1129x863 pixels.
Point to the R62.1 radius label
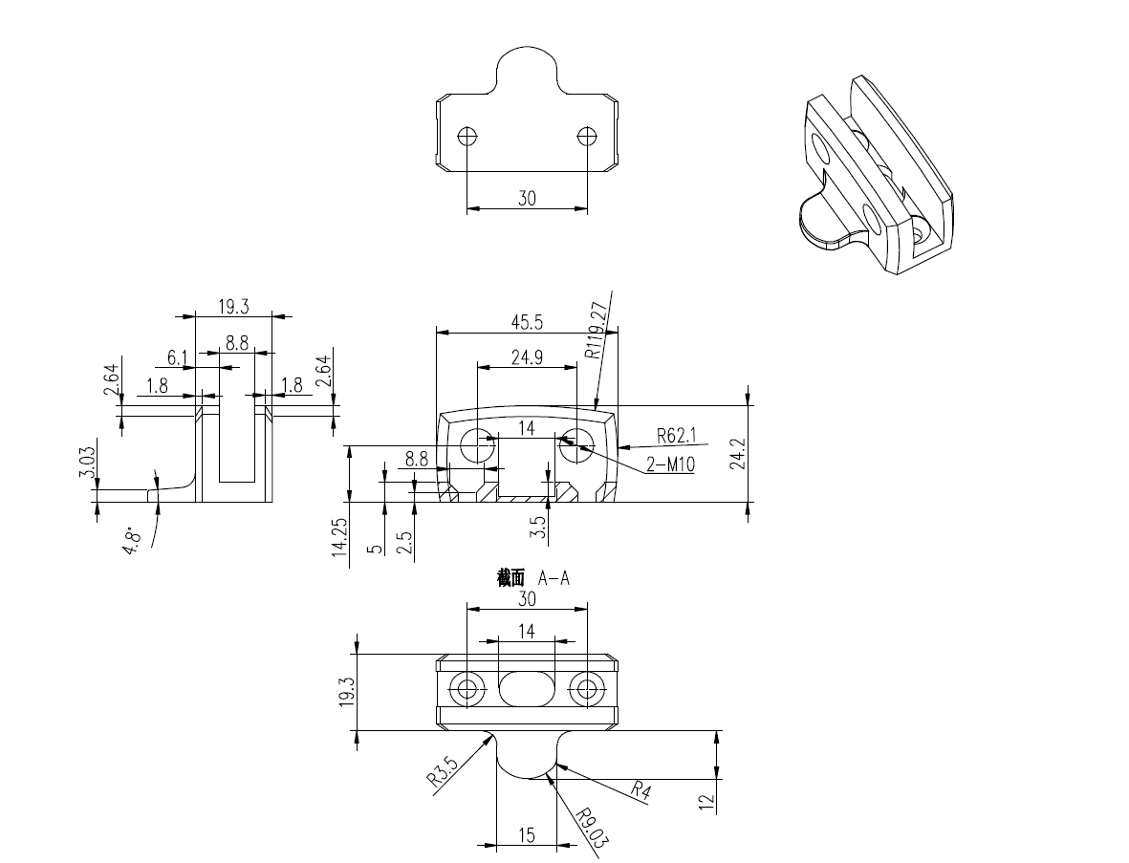677,437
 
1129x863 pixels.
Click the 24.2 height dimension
760,454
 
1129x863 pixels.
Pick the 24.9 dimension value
527,357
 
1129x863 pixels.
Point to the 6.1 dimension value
177,358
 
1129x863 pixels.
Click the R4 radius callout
642,789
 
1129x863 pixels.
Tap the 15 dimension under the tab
527,835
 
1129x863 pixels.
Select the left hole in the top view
467,137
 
